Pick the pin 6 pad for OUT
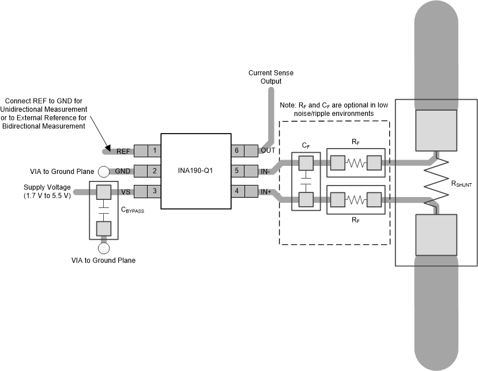coord(245,151)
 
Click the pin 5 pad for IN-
coord(245,171)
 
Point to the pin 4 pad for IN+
coord(245,191)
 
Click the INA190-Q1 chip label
coord(195,171)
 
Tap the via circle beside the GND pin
coord(104,171)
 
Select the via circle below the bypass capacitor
coord(104,249)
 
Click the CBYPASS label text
coord(133,211)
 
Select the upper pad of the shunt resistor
coord(436,130)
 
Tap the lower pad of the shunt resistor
coord(436,235)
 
